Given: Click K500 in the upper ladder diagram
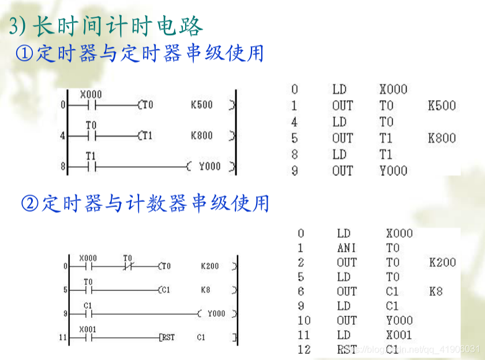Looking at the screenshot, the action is (x=201, y=105).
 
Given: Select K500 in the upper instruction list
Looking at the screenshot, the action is (x=442, y=106).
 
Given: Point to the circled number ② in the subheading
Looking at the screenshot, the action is (x=29, y=203).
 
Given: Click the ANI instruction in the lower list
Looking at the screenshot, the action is (x=347, y=248).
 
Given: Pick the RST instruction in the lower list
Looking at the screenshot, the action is (x=347, y=349).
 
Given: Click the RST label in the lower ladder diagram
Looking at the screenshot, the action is (x=168, y=337).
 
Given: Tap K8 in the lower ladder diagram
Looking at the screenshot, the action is (x=206, y=290).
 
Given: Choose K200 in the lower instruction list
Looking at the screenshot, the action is (x=442, y=262).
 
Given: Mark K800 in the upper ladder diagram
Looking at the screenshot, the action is (x=201, y=136).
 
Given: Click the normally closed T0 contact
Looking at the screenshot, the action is (x=127, y=267).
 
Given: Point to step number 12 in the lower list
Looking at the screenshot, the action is (x=304, y=349).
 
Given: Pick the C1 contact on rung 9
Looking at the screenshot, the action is (x=88, y=314).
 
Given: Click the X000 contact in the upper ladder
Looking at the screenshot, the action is (x=91, y=105).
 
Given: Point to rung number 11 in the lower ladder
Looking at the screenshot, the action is (x=63, y=337).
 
